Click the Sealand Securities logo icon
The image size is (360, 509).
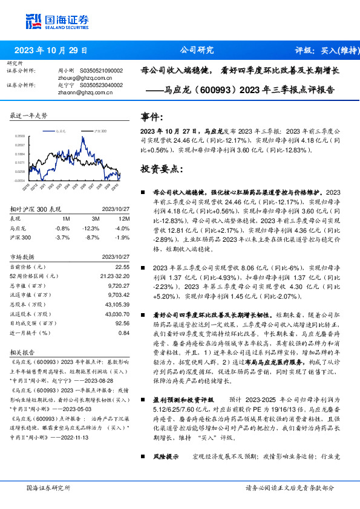tap(33, 22)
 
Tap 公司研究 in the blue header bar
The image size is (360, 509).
tap(197, 50)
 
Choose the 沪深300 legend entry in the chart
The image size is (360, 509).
tap(100, 130)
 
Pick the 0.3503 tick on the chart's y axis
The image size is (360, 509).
tap(20, 137)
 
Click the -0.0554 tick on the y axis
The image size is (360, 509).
tap(20, 180)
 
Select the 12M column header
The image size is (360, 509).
tap(124, 218)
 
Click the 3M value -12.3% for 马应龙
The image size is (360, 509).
tap(91, 228)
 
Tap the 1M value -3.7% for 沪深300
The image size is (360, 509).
tap(62, 237)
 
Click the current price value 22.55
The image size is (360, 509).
tap(122, 267)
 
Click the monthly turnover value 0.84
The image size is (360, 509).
tap(123, 332)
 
